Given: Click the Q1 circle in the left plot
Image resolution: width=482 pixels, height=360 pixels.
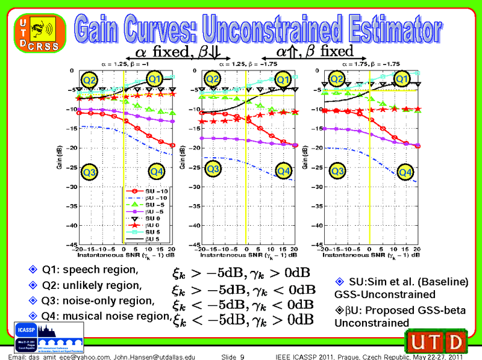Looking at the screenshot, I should [155, 79].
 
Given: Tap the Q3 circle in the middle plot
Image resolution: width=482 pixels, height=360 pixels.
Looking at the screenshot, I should [213, 170].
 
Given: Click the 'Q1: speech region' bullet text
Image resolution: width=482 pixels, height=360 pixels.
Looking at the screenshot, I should [89, 268].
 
